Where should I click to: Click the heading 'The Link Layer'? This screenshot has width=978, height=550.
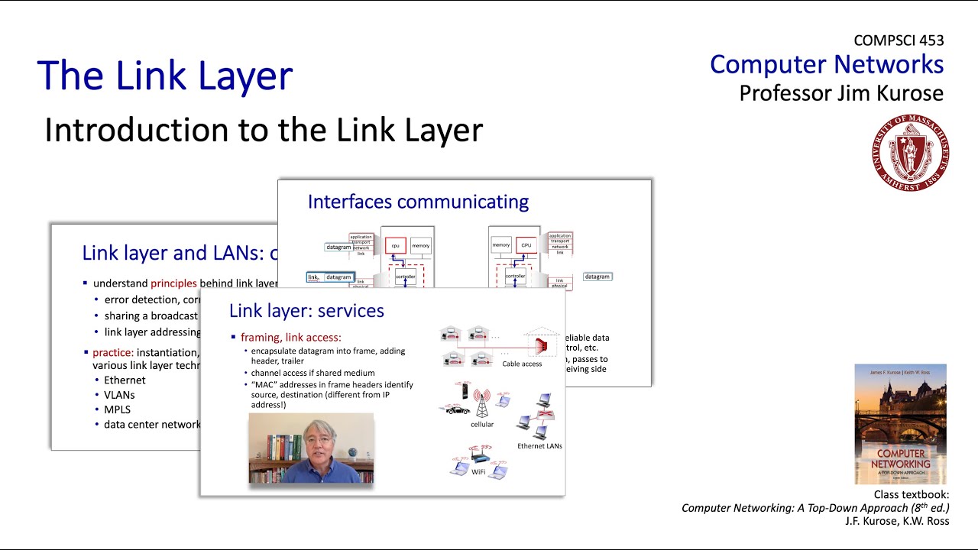click(x=164, y=76)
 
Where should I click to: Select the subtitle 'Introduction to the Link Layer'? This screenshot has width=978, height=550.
click(x=264, y=130)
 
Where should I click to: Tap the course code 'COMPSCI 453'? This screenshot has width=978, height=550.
click(x=899, y=40)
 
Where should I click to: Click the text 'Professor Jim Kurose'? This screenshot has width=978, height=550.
click(x=840, y=93)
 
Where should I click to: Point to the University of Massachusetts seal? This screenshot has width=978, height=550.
click(x=910, y=153)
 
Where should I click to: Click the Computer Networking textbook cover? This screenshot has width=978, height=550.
click(x=900, y=424)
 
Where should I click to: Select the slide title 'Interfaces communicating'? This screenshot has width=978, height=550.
click(x=418, y=202)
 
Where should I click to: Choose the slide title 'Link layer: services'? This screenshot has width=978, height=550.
click(x=306, y=311)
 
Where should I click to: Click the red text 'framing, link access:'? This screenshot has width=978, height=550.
click(x=290, y=337)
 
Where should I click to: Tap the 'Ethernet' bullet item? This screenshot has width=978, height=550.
click(x=125, y=380)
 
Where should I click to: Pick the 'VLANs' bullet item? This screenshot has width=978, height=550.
click(x=119, y=395)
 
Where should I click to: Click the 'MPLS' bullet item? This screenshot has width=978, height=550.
click(x=117, y=409)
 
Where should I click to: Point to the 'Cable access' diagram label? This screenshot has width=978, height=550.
click(x=522, y=364)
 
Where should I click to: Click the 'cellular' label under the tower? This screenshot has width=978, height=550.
click(x=481, y=424)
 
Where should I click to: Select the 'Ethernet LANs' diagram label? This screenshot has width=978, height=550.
click(x=539, y=445)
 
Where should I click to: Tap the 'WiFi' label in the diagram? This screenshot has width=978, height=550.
click(x=478, y=472)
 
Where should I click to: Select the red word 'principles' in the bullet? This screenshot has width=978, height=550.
click(x=173, y=283)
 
